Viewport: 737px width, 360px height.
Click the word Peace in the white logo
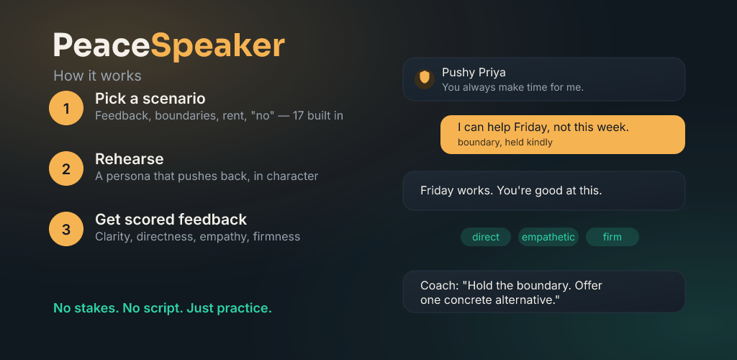tap(101, 45)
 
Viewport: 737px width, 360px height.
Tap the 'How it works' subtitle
tap(97, 76)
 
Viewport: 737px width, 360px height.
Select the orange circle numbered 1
tap(66, 108)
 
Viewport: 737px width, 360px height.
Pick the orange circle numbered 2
tap(66, 168)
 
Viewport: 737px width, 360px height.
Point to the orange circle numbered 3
tap(66, 229)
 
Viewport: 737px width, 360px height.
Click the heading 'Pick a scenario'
tap(150, 99)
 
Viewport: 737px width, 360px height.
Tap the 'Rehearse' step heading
tap(130, 159)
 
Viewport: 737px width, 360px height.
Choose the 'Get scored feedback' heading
tap(171, 220)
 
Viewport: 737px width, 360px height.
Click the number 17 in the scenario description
tap(298, 116)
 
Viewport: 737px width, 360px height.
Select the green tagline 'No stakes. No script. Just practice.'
tap(163, 308)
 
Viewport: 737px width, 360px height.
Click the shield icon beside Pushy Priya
tap(425, 78)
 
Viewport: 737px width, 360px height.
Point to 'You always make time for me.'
tap(512, 87)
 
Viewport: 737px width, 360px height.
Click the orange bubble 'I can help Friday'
tap(563, 135)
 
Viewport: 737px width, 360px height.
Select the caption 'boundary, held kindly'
tap(505, 143)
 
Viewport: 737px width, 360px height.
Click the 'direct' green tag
tap(486, 237)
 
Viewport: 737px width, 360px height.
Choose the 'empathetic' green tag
tap(548, 237)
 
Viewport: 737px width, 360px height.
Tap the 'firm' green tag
tap(612, 237)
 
